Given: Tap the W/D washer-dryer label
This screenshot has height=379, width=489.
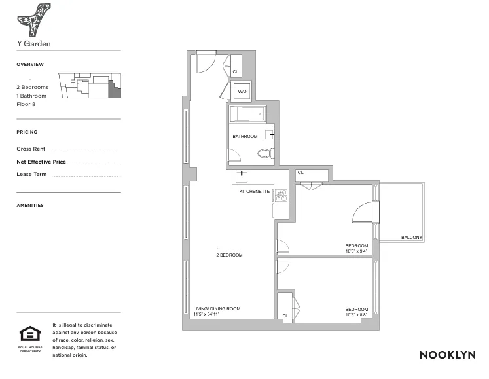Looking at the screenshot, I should pos(242,92).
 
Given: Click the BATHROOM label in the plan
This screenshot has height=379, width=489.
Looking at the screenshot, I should pos(245,137).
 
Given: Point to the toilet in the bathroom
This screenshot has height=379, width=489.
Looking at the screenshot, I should pos(264,154).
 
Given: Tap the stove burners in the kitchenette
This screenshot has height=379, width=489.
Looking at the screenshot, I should pos(281,194).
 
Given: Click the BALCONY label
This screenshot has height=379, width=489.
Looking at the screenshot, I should pos(412,237).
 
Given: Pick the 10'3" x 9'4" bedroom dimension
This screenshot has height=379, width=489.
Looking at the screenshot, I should pos(357,251).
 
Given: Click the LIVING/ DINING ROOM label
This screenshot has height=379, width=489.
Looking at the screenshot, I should pos(217,309).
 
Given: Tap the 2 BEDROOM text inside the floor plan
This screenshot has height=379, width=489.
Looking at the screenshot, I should pos(229,255).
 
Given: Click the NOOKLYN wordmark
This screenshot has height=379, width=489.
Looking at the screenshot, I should pos(447,355).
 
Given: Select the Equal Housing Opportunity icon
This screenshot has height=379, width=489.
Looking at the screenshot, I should pos(29,335).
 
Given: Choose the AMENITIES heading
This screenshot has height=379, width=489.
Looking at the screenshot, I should pos(30,206).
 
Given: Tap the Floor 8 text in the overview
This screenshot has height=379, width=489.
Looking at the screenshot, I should pos(26,105).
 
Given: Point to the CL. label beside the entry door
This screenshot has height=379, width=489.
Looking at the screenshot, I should pos(236,71).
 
